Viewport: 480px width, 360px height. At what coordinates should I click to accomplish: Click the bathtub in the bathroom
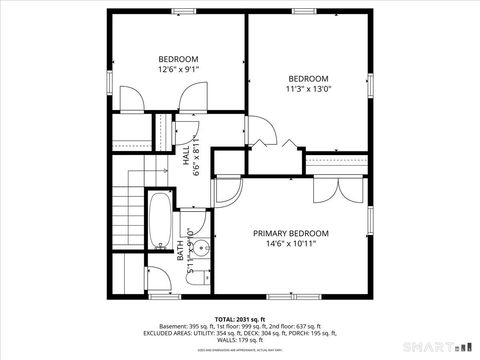tap(160, 223)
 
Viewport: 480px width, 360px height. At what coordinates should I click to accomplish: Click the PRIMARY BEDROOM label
tap(290, 232)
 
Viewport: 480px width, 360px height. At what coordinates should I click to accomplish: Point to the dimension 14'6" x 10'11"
tap(290, 243)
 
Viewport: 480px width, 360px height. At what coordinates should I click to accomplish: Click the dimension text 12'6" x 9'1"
tap(178, 69)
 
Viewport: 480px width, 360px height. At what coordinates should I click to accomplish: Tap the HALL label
tap(186, 155)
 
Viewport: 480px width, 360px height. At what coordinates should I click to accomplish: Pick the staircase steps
tap(127, 210)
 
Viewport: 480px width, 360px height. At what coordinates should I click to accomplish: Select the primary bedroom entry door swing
tap(228, 190)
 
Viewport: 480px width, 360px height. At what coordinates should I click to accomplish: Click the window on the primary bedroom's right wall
tap(369, 215)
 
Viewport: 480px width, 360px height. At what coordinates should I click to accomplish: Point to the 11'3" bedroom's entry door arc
tap(259, 130)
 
